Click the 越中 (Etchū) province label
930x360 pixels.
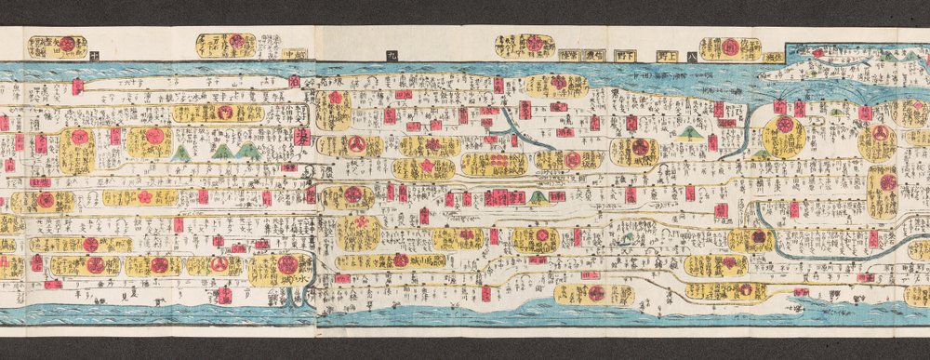coord(294,54)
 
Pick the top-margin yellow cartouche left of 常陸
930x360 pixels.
coord(525,45)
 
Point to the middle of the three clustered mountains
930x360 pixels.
coord(221,150)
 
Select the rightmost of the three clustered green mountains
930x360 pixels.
coord(246,150)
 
